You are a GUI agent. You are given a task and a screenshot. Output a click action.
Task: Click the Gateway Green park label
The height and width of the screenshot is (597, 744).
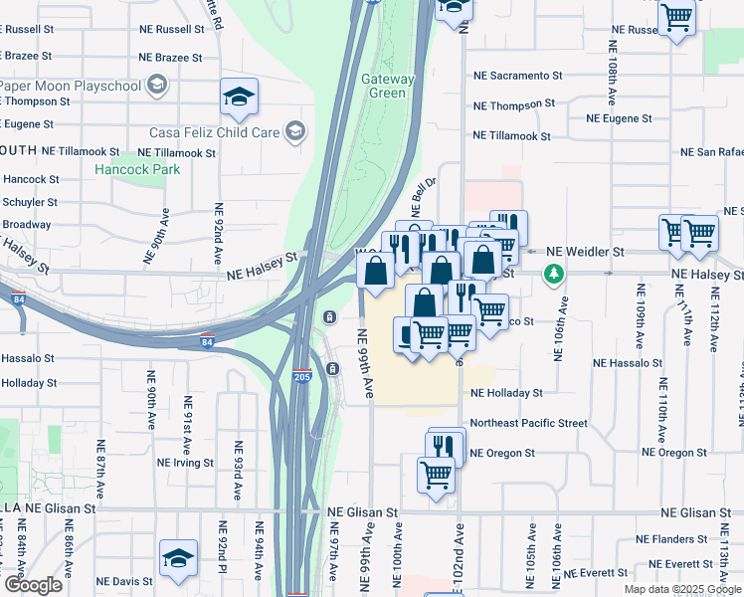(383, 86)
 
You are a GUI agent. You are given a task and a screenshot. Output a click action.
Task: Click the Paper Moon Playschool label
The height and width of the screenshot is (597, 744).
(70, 85)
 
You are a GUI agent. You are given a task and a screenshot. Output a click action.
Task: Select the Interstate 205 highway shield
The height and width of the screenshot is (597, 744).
(301, 377)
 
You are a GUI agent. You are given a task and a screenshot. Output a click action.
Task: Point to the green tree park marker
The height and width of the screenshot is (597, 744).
(553, 273)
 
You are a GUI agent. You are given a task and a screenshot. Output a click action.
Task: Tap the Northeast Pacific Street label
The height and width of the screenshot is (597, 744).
(528, 423)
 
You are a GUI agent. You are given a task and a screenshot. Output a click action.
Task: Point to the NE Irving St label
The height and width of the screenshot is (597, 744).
(185, 463)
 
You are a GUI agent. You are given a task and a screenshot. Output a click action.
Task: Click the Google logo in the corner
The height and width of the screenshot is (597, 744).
(32, 585)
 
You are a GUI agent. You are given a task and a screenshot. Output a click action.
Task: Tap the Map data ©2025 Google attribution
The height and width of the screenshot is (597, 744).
(681, 589)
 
